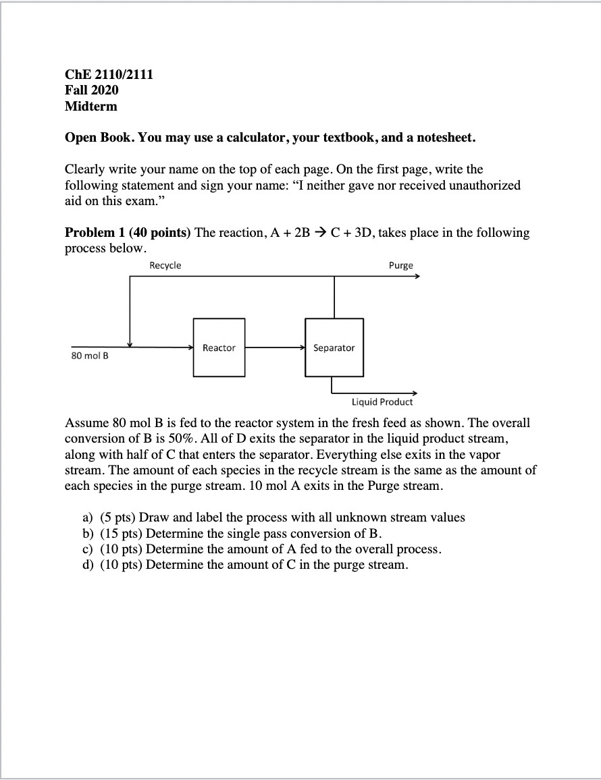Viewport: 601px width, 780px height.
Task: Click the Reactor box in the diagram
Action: pos(219,347)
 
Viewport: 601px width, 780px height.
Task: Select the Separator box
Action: pos(334,347)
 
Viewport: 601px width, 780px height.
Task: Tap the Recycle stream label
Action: pos(165,266)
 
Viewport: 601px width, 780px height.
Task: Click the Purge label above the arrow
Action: pos(400,266)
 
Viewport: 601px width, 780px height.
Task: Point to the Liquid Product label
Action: pos(382,402)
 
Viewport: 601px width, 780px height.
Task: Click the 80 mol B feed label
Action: pos(90,356)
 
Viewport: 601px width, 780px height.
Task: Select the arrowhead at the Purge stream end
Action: pos(417,277)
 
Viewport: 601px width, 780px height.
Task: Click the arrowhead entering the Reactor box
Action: pos(190,347)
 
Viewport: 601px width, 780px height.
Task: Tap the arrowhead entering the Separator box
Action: pos(303,347)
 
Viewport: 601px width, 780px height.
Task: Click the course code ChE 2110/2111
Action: pos(109,74)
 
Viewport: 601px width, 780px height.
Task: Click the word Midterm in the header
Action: pos(91,106)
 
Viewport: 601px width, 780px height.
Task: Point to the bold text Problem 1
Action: pos(95,233)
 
